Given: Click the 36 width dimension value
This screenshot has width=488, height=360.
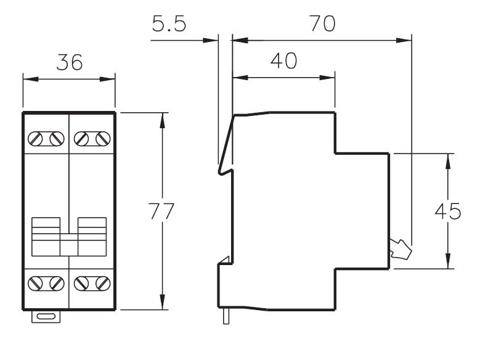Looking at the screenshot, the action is [70, 62].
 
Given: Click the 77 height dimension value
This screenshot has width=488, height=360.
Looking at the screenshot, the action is [161, 211].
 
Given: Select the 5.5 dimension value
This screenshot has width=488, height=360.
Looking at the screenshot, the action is [169, 23].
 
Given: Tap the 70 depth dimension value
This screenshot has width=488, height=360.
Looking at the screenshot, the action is [323, 23].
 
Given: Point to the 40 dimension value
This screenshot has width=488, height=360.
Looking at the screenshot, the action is [284, 60].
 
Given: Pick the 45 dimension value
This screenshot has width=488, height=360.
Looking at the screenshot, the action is [448, 211].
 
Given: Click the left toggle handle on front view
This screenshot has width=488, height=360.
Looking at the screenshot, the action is [46, 237].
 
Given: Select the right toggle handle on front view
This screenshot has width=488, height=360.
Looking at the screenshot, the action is [92, 237].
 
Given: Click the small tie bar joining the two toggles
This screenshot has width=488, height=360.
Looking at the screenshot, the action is [69, 245].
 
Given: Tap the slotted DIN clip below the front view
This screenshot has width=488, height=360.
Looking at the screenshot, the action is [46, 316].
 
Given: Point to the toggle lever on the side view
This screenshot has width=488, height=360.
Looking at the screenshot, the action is [401, 250].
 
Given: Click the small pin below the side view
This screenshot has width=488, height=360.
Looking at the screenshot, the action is [226, 316].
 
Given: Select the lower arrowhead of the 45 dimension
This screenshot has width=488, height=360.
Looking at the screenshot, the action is [448, 261].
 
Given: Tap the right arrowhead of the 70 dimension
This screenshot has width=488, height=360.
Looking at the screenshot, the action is [404, 41].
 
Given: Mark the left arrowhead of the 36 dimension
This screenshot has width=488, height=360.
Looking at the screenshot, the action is [31, 79].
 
